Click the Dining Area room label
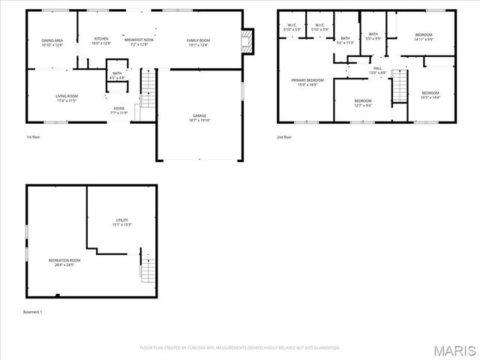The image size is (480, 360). (x=52, y=42)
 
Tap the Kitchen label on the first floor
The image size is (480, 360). (x=101, y=41)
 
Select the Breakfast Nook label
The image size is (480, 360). (x=139, y=41)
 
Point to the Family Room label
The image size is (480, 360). (x=198, y=41)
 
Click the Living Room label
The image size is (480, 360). (x=67, y=97)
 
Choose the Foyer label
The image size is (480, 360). (x=119, y=110)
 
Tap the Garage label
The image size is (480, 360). (x=199, y=117)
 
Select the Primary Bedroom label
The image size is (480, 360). (x=307, y=82)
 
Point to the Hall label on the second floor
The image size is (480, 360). (x=376, y=70)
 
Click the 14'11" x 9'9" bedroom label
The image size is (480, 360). (x=424, y=37)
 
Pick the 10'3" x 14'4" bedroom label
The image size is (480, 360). (x=430, y=94)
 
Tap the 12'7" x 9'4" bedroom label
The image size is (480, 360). (x=363, y=103)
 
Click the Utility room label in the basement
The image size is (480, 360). (x=121, y=222)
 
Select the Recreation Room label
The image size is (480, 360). (x=64, y=262)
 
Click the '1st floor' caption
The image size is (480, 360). (x=34, y=137)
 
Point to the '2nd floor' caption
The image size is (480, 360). (x=284, y=137)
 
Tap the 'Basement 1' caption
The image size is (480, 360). (x=33, y=311)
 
